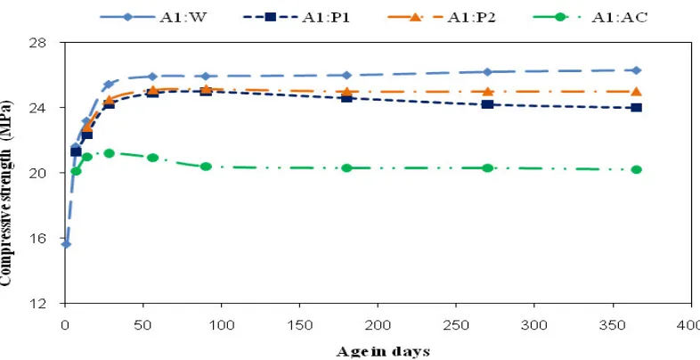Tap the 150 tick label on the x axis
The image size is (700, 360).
coord(299,325)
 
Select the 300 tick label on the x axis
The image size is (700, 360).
coord(534,325)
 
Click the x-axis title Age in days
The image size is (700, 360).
coord(383,351)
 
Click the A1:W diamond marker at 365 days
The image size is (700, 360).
coord(637,70)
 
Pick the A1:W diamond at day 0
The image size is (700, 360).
coord(66,244)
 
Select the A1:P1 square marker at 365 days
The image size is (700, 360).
coord(637,108)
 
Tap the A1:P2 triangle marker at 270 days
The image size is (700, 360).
coord(488,91)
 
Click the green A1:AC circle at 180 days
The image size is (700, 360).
coord(346,168)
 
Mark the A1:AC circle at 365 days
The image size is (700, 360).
coord(637,169)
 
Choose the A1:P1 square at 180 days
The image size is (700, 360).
coord(346,97)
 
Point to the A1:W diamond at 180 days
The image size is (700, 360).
coord(346,75)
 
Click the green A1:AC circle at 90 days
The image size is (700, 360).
coord(206,167)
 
